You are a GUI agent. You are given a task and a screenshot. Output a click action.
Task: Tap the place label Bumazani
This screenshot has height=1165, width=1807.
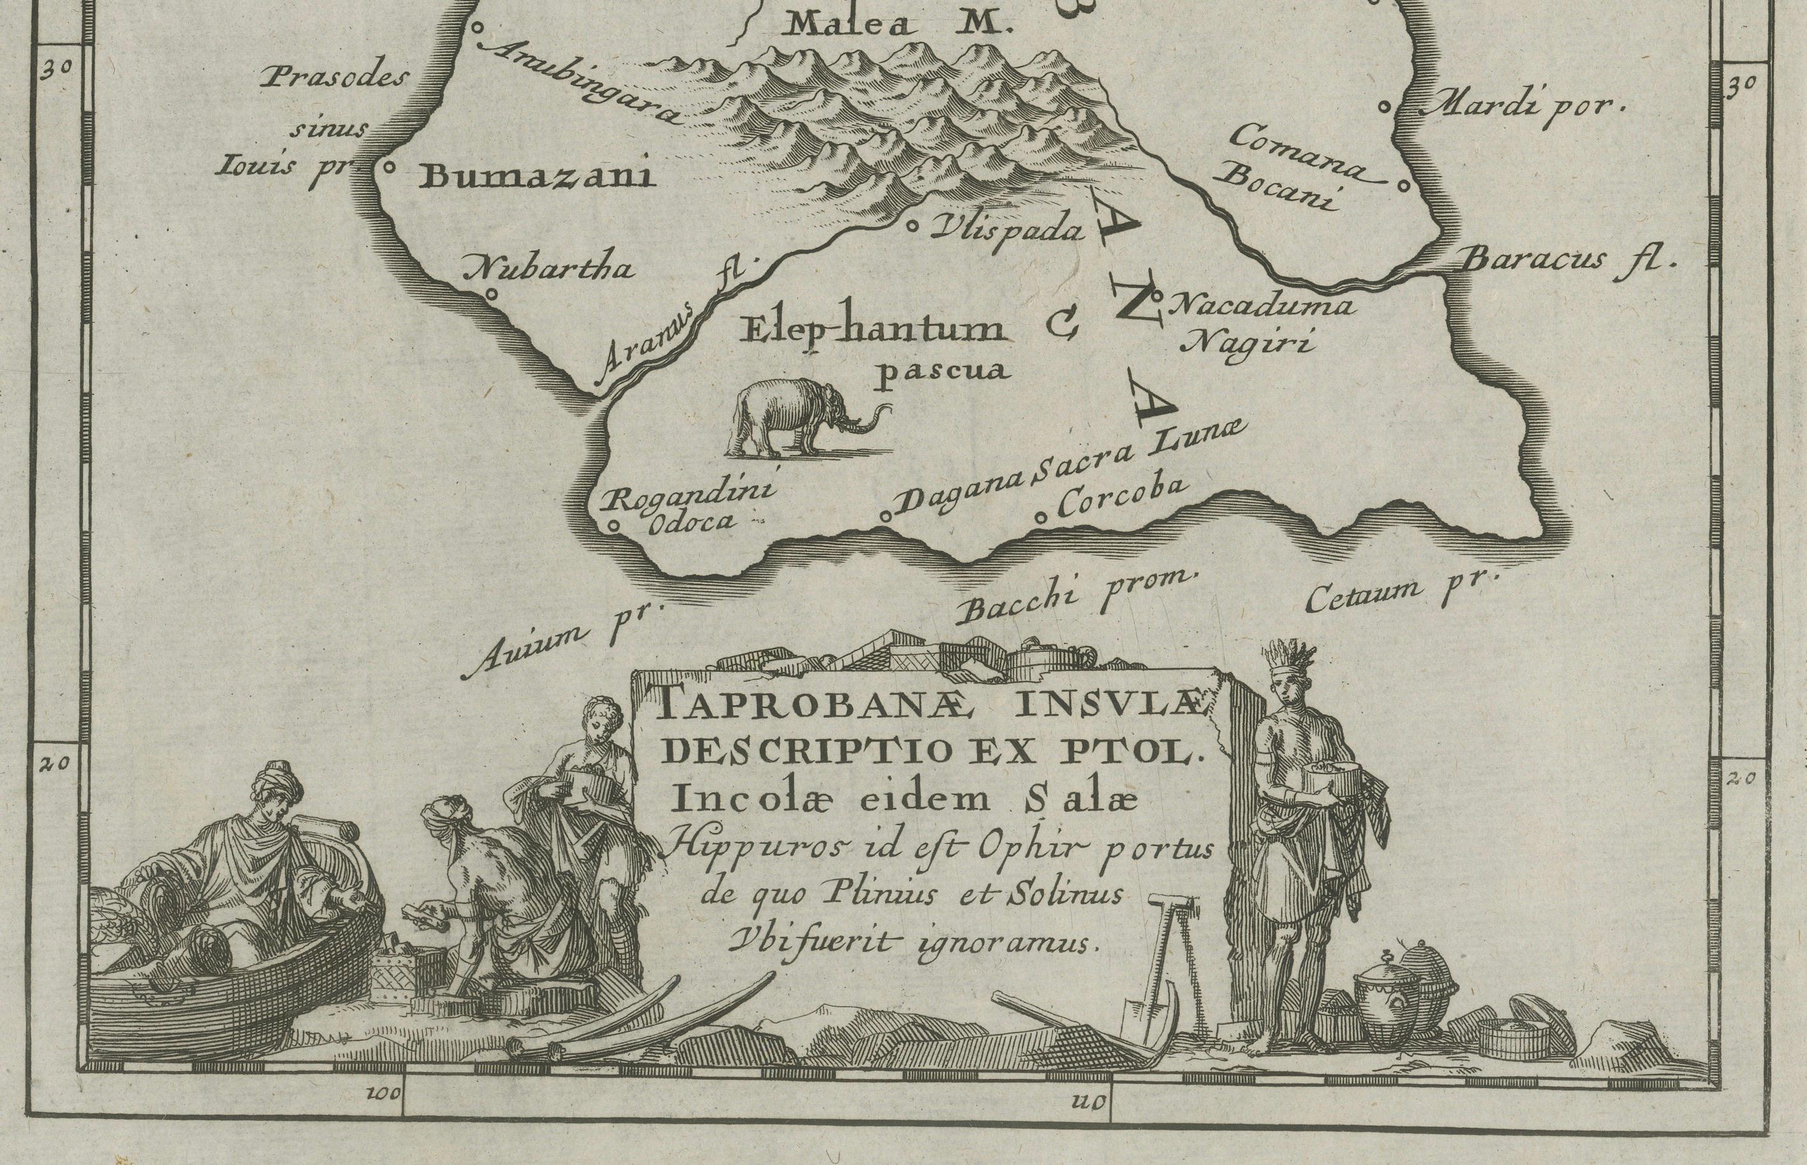click(538, 177)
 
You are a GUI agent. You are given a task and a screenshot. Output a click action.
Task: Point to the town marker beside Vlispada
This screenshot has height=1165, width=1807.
click(912, 225)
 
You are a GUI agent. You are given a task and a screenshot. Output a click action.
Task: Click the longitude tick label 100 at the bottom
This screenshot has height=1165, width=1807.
click(385, 1094)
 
